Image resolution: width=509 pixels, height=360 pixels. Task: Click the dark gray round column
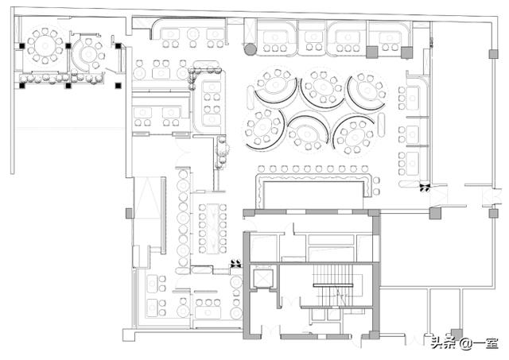[x=250, y=49]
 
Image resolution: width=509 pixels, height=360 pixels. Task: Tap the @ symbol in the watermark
[x=466, y=343]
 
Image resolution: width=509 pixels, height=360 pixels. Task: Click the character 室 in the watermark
[x=492, y=343]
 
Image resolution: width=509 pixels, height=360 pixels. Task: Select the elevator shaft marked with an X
[x=263, y=278]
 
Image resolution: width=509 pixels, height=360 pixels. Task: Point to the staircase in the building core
[x=333, y=285]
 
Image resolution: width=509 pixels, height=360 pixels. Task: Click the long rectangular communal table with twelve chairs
[x=212, y=228]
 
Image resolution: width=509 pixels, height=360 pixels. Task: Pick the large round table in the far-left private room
[x=45, y=46]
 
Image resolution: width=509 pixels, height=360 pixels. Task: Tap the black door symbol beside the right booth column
[x=425, y=188]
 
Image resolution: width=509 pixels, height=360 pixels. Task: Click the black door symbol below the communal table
[x=236, y=264]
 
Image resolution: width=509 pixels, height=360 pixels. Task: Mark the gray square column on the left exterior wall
[x=129, y=214]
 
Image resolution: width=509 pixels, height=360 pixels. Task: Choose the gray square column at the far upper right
[x=493, y=54]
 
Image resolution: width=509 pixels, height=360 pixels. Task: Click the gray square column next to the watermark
[x=457, y=334]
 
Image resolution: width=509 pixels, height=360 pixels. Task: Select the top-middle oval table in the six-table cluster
[x=323, y=87]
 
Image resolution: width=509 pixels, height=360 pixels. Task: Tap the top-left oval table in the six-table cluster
[x=276, y=84]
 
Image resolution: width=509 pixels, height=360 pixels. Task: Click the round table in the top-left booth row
[x=193, y=33]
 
